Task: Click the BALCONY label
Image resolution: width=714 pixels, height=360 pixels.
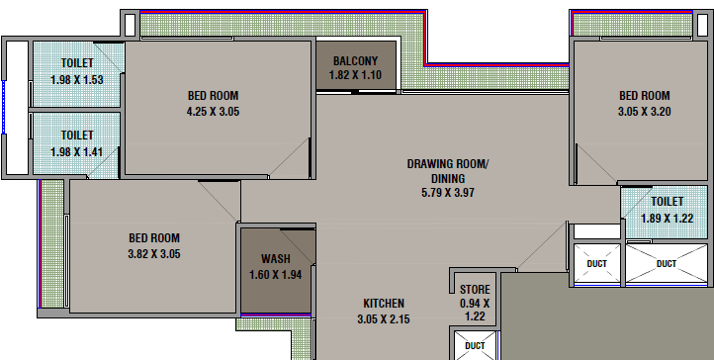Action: coord(355,61)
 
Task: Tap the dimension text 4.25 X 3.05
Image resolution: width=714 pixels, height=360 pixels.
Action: coord(213,112)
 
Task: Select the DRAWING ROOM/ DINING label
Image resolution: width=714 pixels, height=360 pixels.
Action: coord(447,171)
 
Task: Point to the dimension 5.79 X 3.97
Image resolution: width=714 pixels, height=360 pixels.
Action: coord(448,193)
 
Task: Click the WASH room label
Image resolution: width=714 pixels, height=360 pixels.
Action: coord(276,259)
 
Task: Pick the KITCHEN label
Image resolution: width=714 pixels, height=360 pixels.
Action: coord(384,303)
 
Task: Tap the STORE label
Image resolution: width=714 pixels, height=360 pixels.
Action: coord(475,290)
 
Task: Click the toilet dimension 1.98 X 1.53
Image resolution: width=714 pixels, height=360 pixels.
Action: coord(77,80)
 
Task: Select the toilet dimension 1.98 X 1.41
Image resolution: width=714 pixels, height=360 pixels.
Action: coord(77,151)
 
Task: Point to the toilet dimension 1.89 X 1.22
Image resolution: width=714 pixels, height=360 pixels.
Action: coord(668,219)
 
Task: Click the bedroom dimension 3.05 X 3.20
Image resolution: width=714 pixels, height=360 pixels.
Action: coord(645,112)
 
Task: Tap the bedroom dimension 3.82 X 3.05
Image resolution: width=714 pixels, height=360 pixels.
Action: coord(154,254)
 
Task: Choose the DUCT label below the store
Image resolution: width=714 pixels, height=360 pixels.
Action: coord(475,346)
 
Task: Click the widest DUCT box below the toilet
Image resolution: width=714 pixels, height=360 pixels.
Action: coord(667,263)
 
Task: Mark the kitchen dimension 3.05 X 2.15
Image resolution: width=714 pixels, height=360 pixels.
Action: coord(384,319)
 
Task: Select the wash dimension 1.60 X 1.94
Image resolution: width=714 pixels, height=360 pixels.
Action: coord(276,275)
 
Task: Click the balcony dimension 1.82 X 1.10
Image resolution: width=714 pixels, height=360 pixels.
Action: coord(355,75)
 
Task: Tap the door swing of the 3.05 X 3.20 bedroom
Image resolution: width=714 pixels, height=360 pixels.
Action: coord(596,164)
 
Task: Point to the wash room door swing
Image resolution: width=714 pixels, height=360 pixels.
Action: coord(297,246)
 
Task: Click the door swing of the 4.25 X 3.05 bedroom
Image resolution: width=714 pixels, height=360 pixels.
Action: coord(290,157)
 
